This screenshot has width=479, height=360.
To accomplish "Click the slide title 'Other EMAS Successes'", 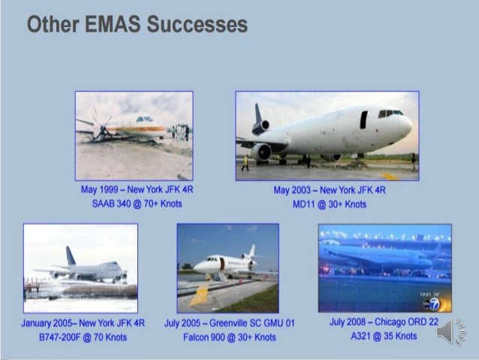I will point(137,24).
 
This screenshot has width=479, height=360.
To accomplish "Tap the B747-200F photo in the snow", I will point(80,268).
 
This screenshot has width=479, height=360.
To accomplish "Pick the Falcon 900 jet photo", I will point(227,268).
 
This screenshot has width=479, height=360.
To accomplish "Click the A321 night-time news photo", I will point(384,268).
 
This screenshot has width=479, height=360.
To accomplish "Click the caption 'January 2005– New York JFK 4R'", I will point(80,323).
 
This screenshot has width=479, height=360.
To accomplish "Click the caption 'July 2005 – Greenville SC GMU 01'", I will point(230,323).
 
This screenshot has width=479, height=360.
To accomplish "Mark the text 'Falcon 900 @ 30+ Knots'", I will point(230,337).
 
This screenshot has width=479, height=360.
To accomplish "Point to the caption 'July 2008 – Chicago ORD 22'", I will point(382,322).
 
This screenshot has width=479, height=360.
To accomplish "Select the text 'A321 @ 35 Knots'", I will point(382,336).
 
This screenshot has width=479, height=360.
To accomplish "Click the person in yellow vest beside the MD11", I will point(245,162).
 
